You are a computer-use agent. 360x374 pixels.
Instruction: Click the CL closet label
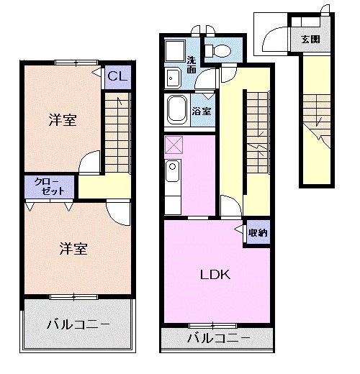[117, 76]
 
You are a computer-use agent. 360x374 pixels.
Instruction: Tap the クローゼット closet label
[50, 186]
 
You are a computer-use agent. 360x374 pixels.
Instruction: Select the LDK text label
[215, 275]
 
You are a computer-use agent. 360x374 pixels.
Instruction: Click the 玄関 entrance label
[310, 39]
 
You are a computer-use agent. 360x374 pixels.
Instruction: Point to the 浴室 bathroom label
[202, 111]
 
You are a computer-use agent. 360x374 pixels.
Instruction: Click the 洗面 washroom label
[192, 65]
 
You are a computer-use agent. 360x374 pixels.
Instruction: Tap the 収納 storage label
[258, 233]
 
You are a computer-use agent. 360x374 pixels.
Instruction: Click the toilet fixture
[217, 51]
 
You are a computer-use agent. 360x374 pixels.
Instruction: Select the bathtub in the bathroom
[177, 110]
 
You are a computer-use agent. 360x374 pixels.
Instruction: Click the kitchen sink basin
[172, 170]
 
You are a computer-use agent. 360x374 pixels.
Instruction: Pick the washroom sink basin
[172, 78]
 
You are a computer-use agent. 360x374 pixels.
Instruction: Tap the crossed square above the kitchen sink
[174, 145]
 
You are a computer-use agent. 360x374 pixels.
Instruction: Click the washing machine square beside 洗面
[175, 51]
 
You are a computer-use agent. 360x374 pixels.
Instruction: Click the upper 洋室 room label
[63, 120]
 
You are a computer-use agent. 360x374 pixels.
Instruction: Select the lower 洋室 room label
[73, 248]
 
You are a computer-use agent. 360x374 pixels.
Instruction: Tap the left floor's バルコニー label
[78, 324]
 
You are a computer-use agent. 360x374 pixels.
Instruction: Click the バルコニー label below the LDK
[219, 338]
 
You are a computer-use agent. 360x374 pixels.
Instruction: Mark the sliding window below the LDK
[212, 326]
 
